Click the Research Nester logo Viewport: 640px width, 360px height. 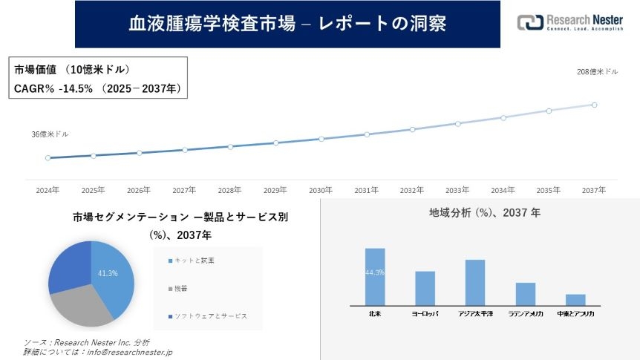(572, 22)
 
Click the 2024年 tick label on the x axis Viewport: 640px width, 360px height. (48, 191)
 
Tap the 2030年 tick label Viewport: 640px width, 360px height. (321, 191)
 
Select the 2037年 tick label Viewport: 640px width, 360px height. (595, 191)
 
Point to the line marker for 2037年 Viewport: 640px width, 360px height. (595, 105)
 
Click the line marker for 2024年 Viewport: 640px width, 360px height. (48, 157)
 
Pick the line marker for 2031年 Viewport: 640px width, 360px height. (367, 134)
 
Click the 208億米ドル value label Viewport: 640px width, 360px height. (598, 72)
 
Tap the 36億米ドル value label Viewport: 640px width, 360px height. (50, 134)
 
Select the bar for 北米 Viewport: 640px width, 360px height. (375, 276)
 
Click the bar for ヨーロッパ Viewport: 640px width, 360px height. (425, 288)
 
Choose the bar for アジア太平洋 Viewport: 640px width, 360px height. (475, 282)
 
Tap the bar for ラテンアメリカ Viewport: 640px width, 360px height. (526, 294)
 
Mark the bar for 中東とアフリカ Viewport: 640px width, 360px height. (575, 299)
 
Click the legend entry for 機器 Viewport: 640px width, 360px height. (182, 289)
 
